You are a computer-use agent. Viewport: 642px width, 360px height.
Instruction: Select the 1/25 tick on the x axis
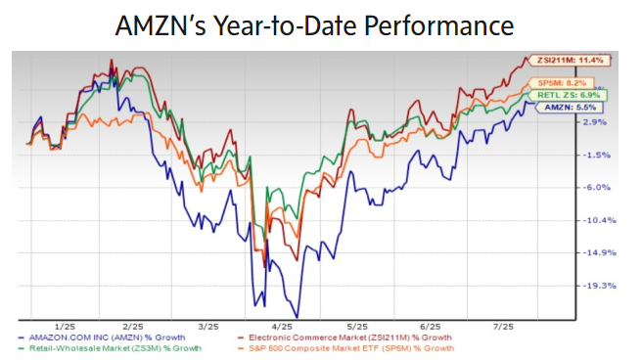point(66,326)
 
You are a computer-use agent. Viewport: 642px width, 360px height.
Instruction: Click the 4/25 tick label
point(282,326)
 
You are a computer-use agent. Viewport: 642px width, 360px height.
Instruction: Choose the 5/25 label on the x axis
point(356,326)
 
